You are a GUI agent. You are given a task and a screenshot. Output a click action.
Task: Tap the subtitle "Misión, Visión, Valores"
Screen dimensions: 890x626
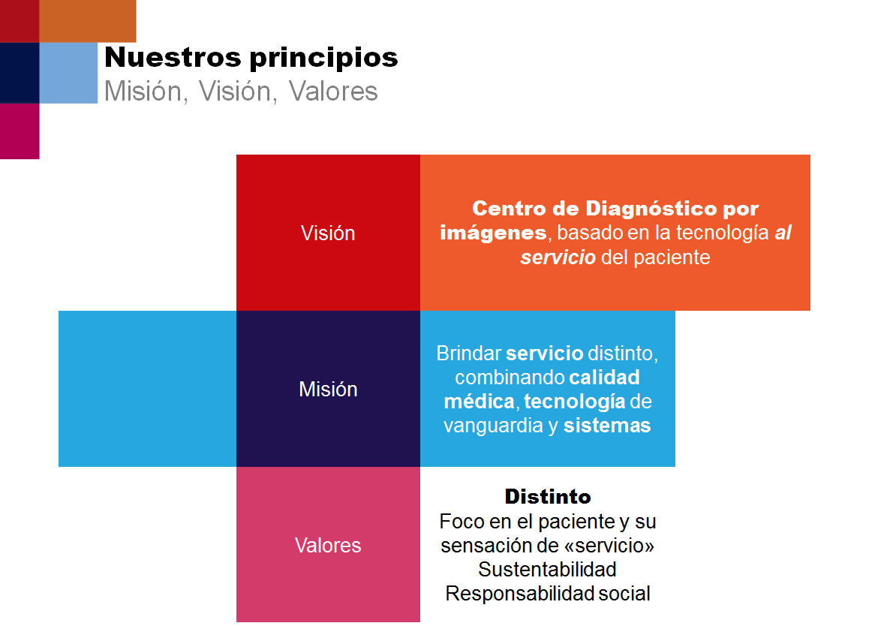point(241,92)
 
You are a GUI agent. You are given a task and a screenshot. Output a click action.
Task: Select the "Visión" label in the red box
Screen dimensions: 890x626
point(328,233)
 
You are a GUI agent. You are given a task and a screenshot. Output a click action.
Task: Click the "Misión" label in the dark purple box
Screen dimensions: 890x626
point(328,390)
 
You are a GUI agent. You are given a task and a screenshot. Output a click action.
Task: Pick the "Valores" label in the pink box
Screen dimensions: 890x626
point(328,546)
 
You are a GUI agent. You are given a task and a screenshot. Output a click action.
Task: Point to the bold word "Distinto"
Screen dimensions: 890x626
point(548,497)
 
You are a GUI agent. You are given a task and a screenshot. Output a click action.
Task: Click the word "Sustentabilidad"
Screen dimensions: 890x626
point(547,569)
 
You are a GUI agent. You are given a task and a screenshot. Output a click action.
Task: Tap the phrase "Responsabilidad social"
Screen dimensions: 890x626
point(548,594)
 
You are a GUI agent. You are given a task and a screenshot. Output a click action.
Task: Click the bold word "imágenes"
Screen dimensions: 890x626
point(493,233)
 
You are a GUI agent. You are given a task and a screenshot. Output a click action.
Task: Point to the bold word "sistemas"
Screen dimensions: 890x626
point(607,426)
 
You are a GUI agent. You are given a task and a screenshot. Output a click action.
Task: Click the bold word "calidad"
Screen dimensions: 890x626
point(604,378)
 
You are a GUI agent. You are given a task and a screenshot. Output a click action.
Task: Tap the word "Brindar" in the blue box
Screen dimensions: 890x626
point(469,354)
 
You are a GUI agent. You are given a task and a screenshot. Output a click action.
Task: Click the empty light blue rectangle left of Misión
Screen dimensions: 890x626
point(148,389)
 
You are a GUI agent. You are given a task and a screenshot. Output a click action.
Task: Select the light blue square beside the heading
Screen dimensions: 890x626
point(69,73)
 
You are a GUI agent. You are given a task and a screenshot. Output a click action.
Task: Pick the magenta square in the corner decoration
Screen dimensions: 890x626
point(20,131)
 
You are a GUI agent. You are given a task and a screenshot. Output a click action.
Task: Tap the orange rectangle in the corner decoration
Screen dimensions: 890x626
point(88,21)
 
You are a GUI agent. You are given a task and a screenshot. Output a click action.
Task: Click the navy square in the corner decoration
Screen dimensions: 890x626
point(20,73)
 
